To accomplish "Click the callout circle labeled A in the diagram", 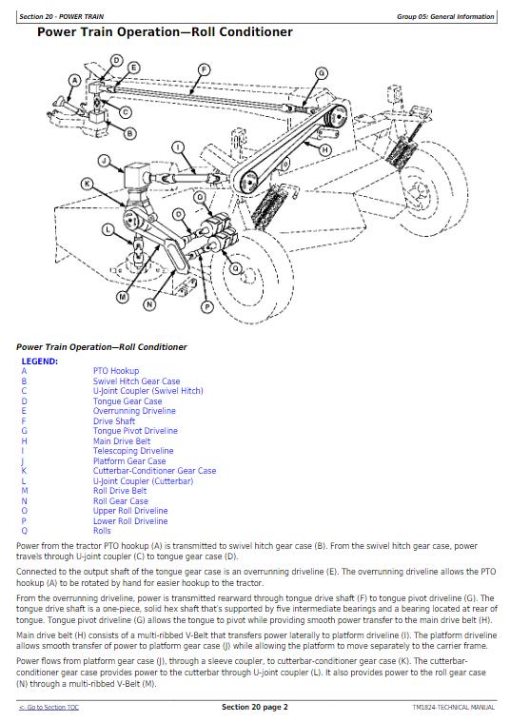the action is click(74, 81).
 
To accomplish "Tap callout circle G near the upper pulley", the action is click(321, 72).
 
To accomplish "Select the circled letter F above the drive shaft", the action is click(204, 70).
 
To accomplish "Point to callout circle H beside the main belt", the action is click(324, 149).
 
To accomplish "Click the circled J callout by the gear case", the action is click(104, 161).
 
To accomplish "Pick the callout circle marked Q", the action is click(235, 268).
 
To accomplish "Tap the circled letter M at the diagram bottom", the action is click(122, 297).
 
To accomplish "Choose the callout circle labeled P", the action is click(206, 306).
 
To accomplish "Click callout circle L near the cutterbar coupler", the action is click(108, 229).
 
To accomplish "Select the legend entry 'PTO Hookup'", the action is click(116, 371).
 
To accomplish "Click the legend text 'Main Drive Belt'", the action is click(122, 440).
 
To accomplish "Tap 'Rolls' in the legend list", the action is click(102, 531).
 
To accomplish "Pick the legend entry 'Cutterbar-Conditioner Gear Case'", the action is click(154, 471).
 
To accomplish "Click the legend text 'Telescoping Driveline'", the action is click(133, 451).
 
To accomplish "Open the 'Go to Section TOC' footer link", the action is click(49, 708).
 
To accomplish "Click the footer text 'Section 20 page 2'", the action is click(255, 707).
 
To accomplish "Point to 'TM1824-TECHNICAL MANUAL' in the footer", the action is click(454, 708).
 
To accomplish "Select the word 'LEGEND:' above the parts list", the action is click(40, 361).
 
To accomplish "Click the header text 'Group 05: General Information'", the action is click(445, 16).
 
